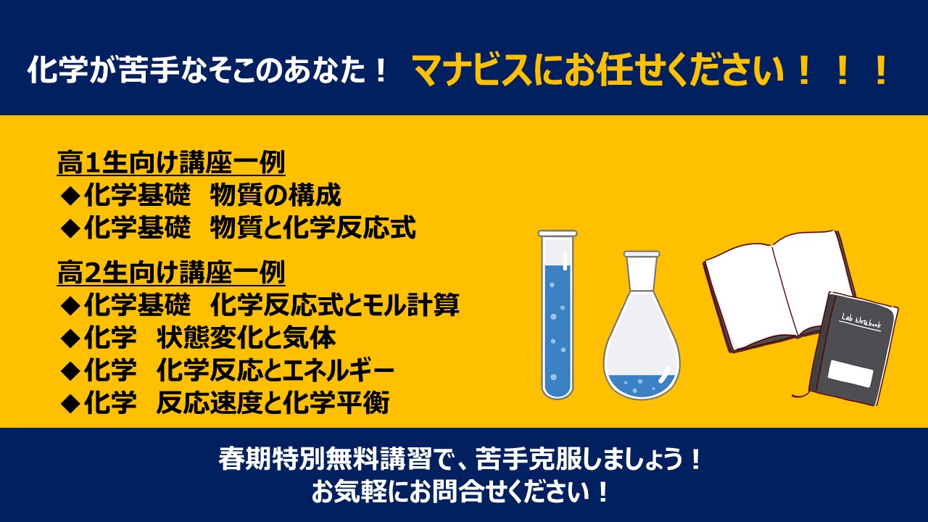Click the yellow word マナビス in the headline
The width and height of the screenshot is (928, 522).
point(472,70)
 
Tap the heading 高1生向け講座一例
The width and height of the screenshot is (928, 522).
point(171,162)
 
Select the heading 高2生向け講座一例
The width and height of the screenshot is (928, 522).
point(171,273)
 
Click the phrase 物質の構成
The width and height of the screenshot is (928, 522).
point(275,195)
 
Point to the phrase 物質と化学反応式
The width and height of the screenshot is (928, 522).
point(312,228)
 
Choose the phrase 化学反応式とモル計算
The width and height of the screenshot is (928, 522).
point(335,304)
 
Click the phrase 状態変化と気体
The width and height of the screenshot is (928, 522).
point(246,337)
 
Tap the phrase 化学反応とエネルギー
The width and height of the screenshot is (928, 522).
point(275,370)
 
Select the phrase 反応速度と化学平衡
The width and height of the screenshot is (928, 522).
point(273,402)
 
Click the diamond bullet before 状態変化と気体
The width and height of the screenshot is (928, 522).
point(70,338)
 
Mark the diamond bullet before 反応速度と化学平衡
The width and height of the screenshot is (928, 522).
point(70,403)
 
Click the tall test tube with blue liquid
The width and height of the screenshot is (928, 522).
point(558,315)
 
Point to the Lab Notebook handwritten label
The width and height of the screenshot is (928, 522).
point(861,321)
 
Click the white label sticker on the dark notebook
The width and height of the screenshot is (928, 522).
point(850,373)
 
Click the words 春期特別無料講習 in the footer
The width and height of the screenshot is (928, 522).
point(326,459)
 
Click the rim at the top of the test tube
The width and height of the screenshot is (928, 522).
point(558,233)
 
